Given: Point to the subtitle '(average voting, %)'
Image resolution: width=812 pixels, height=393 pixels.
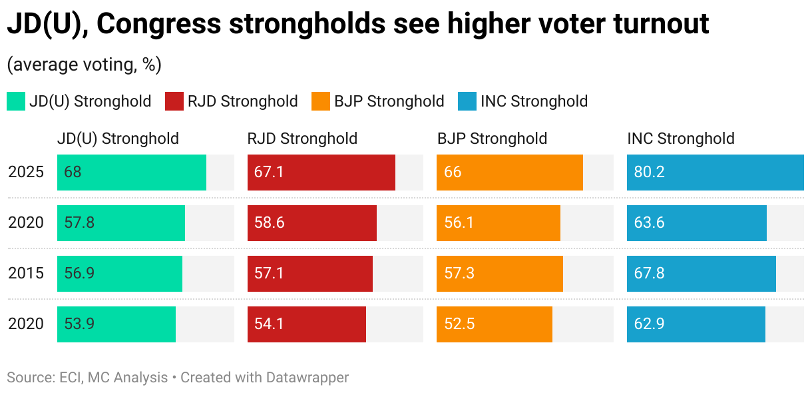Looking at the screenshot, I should coord(84,65).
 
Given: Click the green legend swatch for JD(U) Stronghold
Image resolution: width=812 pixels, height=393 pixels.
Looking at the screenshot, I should coord(16,101).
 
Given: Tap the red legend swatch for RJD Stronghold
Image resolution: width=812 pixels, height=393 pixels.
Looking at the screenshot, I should coord(174,101).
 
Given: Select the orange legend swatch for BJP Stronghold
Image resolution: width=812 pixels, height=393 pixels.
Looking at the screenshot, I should coord(321,101).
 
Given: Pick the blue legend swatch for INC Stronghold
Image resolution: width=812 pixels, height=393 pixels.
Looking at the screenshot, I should coord(467,101).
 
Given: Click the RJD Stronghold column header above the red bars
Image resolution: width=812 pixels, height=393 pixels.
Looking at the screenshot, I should coord(302,139).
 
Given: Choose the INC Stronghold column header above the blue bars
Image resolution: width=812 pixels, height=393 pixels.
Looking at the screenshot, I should coord(681,139).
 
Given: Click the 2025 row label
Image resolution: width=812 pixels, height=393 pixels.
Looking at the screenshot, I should coord(26,173).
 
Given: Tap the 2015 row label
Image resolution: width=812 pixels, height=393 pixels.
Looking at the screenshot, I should coord(26,274).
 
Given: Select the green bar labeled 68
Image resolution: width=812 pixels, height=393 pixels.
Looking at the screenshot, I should coord(132,173).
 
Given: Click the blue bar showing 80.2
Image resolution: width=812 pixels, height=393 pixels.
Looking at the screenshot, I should coord(715,173).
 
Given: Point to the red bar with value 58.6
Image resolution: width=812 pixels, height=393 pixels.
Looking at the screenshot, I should coord(311,223).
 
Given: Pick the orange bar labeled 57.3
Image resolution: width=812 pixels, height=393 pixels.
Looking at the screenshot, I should coord(499,274).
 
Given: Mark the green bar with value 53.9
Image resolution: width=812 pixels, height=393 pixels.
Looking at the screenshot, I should coord(116,324).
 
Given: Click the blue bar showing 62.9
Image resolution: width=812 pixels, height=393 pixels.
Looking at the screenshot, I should coord(696,324).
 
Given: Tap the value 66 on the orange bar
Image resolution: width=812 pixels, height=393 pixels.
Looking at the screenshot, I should coord(453,173).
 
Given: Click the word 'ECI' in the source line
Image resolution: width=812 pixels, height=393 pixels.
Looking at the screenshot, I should coord(69,378).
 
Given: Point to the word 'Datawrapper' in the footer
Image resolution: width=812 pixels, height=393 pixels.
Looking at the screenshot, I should coord(307,378).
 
